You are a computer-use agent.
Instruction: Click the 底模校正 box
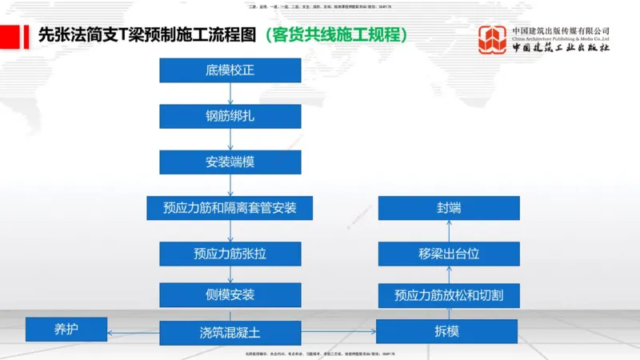pos(230,70)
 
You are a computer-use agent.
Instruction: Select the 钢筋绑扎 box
pos(230,116)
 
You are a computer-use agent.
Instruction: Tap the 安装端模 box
pos(230,162)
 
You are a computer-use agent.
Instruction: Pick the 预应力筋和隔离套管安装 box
pos(230,208)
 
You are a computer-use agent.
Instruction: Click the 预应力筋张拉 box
pos(230,254)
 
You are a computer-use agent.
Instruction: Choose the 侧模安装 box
pos(230,294)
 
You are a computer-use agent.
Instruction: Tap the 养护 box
pos(66,328)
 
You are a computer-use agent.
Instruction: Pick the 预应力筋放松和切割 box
pos(448,295)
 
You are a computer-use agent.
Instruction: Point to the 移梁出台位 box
pos(448,254)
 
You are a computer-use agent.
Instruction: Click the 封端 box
pos(448,208)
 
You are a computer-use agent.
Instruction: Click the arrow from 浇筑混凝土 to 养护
pos(133,332)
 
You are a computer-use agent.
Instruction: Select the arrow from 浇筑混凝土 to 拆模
pos(338,332)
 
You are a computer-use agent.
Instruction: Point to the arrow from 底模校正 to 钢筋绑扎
pos(230,93)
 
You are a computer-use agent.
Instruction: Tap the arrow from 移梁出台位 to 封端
pos(449,231)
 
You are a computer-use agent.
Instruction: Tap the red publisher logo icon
pos(492,39)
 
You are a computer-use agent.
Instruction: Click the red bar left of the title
pos(10,36)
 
